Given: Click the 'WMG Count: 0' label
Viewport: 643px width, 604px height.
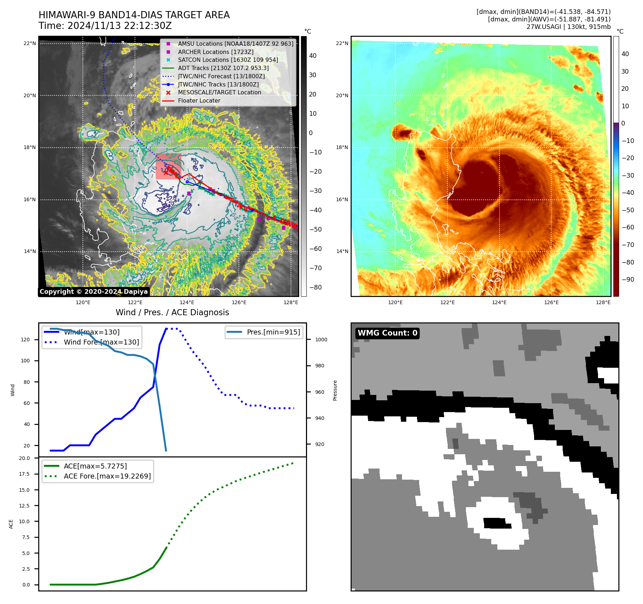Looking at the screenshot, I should pos(387,333).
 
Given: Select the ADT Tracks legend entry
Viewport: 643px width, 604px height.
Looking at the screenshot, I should pos(223,68).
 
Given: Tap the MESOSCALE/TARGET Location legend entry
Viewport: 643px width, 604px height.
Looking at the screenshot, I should pos(219,92).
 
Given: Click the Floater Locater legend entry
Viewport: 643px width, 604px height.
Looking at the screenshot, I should pos(199,100).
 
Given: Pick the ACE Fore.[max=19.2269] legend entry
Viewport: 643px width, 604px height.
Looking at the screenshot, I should pos(107,476).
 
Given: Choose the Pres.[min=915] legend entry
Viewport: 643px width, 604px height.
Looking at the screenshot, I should pos(273,332).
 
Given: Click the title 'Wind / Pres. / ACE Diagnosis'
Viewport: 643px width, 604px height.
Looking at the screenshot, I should pos(172,312).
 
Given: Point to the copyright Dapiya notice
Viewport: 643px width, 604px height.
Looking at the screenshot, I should pos(94,292).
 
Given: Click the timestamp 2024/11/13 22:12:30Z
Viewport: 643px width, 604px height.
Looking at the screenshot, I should pos(119,26).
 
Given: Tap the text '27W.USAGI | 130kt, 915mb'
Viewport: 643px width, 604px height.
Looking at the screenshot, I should pos(568,27).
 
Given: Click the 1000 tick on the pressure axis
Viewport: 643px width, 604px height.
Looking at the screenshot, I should pos(321,340).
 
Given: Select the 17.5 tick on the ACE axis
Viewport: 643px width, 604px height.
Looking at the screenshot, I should pos(24,474).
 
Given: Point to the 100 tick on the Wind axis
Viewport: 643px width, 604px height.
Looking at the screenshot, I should pos(25,361).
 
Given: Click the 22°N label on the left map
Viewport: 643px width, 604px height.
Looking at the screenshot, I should pos(30,44).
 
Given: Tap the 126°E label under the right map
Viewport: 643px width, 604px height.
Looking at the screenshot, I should pos(551,302).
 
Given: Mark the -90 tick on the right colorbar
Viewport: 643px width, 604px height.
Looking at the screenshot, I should pos(628,279).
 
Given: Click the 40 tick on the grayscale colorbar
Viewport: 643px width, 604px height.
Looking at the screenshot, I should pos(313,56).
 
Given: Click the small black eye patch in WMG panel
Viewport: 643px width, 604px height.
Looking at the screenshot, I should pos(497,523).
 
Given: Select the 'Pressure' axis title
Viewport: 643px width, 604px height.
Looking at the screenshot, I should pos(335,390).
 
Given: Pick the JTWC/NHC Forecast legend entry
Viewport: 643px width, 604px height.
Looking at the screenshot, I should pos(221,76).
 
